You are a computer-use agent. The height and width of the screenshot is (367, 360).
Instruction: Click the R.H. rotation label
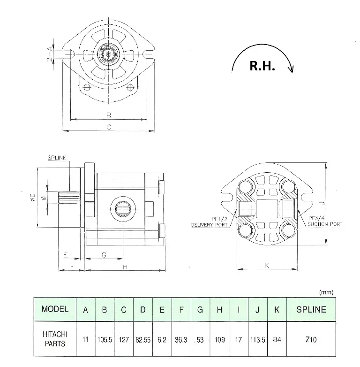pyautogui.click(x=262, y=66)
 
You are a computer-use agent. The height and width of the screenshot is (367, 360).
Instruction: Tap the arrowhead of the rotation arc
pyautogui.click(x=292, y=70)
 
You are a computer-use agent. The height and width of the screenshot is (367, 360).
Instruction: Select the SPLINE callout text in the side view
pyautogui.click(x=57, y=158)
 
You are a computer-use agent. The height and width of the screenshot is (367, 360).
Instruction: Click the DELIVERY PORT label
pyautogui.click(x=209, y=225)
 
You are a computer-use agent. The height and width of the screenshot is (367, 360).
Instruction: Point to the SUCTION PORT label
pyautogui.click(x=325, y=224)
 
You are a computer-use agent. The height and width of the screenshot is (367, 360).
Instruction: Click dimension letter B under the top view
pyautogui.click(x=108, y=115)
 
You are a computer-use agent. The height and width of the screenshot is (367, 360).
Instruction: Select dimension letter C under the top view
pyautogui.click(x=108, y=127)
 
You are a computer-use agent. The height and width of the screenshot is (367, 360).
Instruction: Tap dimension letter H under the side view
pyautogui.click(x=125, y=267)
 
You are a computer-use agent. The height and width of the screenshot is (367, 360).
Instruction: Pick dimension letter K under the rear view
pyautogui.click(x=267, y=266)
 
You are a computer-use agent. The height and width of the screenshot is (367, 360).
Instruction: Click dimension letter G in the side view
pyautogui.click(x=104, y=255)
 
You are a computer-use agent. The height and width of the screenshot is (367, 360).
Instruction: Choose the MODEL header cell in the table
pyautogui.click(x=55, y=309)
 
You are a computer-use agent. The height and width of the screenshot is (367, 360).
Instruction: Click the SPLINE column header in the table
pyautogui.click(x=311, y=309)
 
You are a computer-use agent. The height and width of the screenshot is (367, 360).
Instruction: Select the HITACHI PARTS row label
pyautogui.click(x=55, y=339)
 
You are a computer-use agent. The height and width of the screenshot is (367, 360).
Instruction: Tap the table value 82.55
pyautogui.click(x=142, y=339)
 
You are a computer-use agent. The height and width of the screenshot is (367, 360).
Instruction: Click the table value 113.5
pyautogui.click(x=257, y=339)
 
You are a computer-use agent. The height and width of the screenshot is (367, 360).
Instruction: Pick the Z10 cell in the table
pyautogui.click(x=311, y=339)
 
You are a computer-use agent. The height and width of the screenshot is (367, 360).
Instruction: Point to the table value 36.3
pyautogui.click(x=181, y=339)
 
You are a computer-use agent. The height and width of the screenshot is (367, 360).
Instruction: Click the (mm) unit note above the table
pyautogui.click(x=326, y=292)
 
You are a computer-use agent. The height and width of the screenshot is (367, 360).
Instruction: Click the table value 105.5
pyautogui.click(x=105, y=339)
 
